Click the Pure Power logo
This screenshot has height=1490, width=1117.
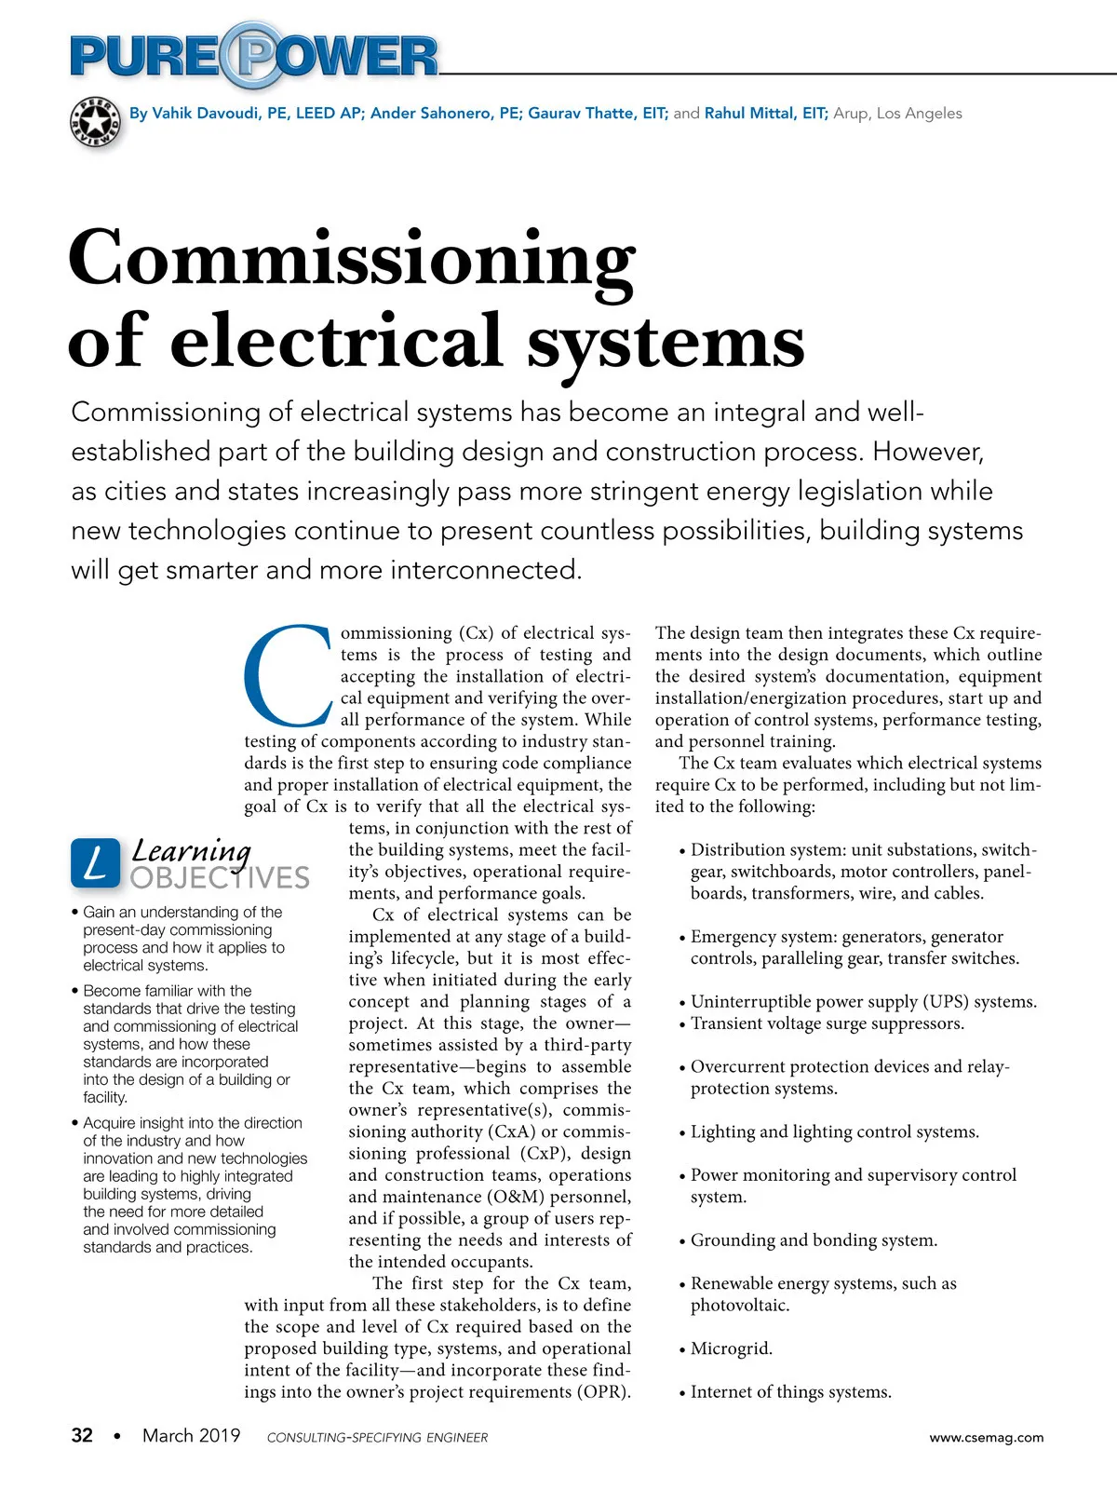(x=253, y=55)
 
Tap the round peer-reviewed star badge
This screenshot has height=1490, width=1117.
(x=96, y=121)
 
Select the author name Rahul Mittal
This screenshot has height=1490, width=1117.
(x=763, y=114)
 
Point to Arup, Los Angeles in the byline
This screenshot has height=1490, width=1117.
(x=897, y=114)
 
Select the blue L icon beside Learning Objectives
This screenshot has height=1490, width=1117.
(x=96, y=861)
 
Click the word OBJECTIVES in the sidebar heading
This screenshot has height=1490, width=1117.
(x=220, y=878)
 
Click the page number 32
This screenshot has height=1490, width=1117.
(x=82, y=1435)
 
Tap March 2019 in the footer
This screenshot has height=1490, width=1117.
(x=191, y=1435)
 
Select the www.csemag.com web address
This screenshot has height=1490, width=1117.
(x=986, y=1437)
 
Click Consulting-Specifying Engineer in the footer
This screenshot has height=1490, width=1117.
(x=377, y=1437)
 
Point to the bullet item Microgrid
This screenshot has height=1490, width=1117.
(x=731, y=1348)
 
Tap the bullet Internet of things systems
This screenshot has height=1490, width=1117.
(x=790, y=1392)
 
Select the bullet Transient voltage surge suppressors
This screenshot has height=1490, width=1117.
(x=827, y=1023)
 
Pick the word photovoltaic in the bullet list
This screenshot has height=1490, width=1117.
(x=739, y=1306)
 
